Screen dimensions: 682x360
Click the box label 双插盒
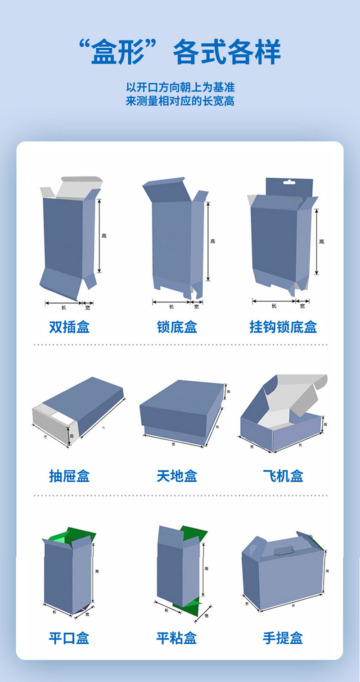pos(69,327)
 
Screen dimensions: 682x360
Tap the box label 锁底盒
pos(177,327)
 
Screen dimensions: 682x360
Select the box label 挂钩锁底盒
pos(283,327)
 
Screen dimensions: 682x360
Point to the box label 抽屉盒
pos(69,476)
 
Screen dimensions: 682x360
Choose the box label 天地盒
pos(177,476)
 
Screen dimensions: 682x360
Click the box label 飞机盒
pos(283,476)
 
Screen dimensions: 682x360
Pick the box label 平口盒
pos(69,638)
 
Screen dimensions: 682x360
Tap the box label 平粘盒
pos(177,638)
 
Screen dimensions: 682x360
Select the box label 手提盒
pos(283,638)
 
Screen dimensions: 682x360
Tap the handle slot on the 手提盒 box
pos(282,549)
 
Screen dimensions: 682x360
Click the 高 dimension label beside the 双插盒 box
pos(104,236)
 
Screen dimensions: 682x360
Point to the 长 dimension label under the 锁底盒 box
pos(171,307)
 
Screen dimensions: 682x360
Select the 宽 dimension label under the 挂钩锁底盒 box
pos(302,306)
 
